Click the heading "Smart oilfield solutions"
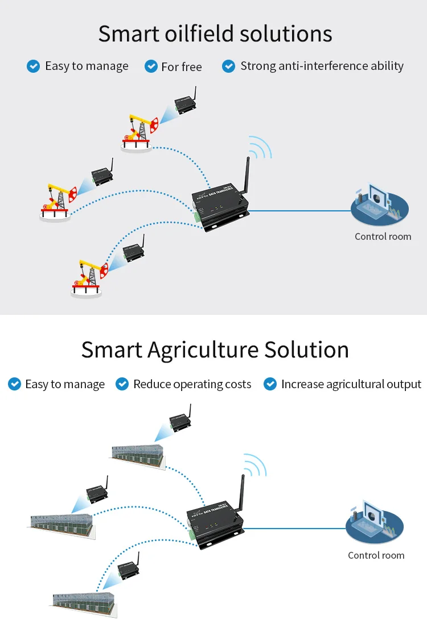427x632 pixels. coord(215,34)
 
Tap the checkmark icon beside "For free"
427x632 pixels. coord(151,66)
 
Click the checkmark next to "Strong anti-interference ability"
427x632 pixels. coord(228,66)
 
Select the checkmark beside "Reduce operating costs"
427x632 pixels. coord(122,384)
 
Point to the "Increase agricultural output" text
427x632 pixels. coord(351,384)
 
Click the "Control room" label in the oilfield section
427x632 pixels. coord(383,236)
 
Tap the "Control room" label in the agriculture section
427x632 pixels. coord(376,555)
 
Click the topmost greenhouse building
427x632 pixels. coord(137,453)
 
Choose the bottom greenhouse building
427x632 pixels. coord(84,602)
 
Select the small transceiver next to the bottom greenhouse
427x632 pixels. coord(128,569)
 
